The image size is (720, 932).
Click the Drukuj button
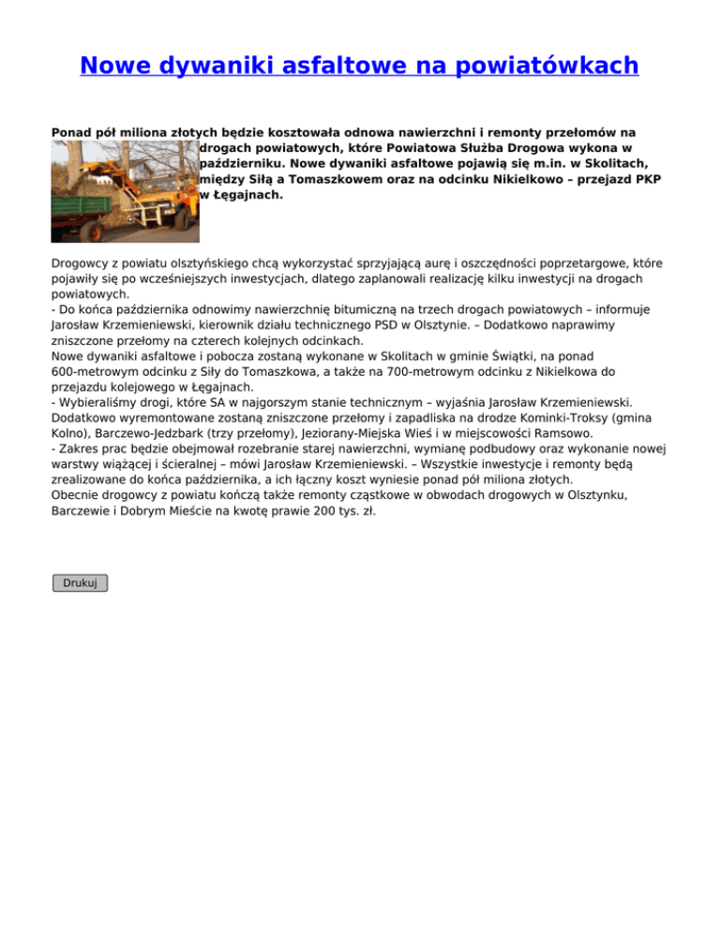point(80,582)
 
